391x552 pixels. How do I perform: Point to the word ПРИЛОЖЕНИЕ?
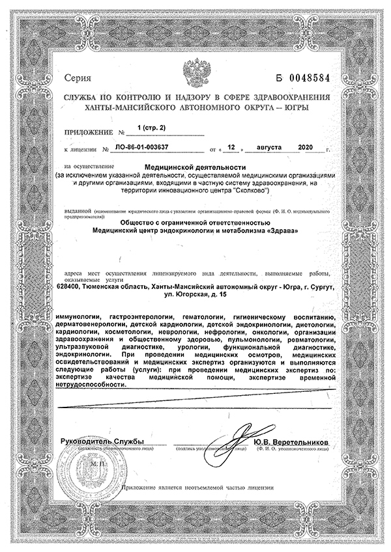[x=88, y=132]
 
